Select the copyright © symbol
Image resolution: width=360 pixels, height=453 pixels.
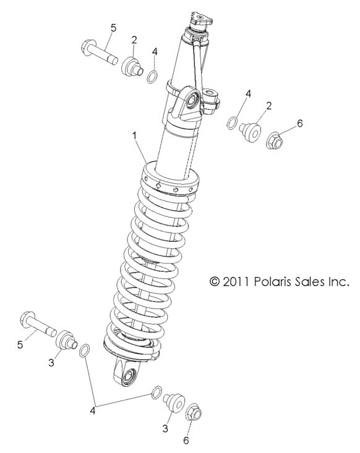[215, 281]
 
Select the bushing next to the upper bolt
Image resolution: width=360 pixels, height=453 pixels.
[132, 66]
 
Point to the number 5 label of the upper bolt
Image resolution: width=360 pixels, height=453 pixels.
[113, 27]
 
